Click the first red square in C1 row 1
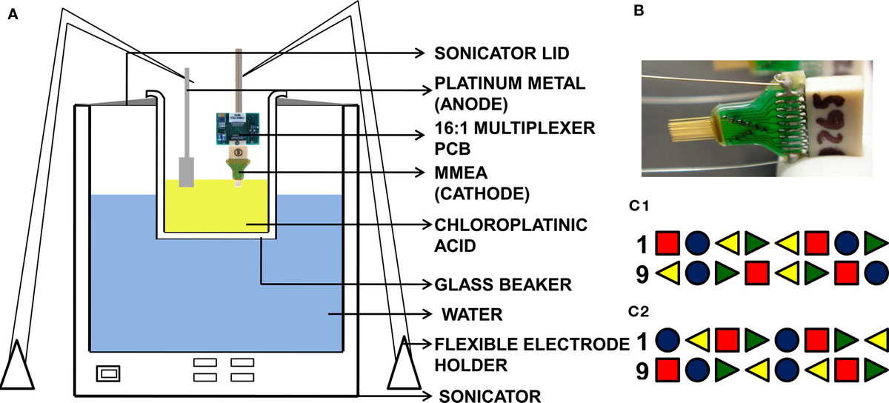(x=669, y=242)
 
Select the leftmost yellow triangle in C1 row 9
(x=670, y=273)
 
